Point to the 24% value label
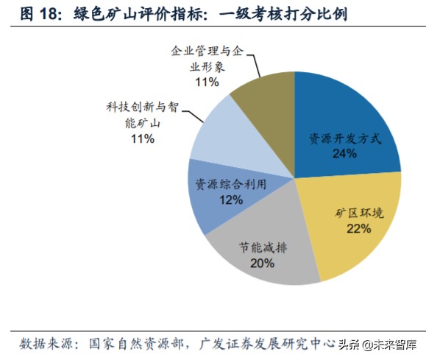344,153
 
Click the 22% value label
358,228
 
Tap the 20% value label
262,262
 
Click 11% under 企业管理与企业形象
207,82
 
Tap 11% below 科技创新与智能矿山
141,138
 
